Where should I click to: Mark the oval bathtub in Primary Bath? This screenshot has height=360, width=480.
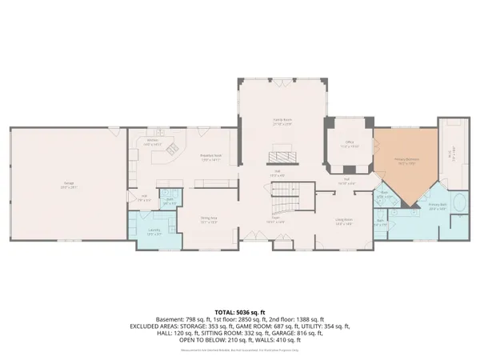[461, 203]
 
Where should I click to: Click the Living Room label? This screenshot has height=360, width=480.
[344, 221]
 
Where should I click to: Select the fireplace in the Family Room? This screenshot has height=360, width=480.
[281, 156]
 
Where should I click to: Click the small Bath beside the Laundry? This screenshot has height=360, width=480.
[169, 200]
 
